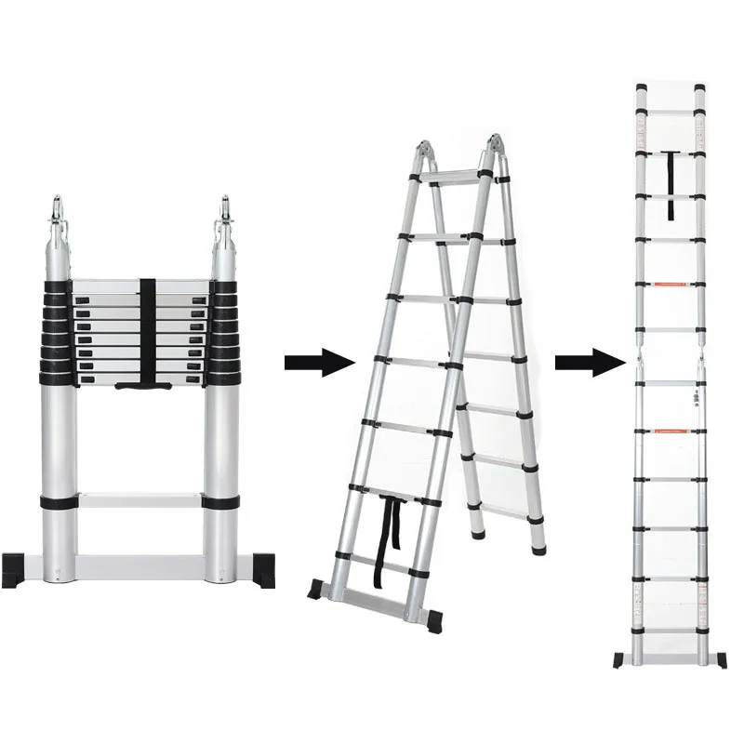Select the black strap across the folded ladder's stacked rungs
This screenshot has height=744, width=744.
(147, 330)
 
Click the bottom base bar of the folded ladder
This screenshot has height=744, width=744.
(139, 564)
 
